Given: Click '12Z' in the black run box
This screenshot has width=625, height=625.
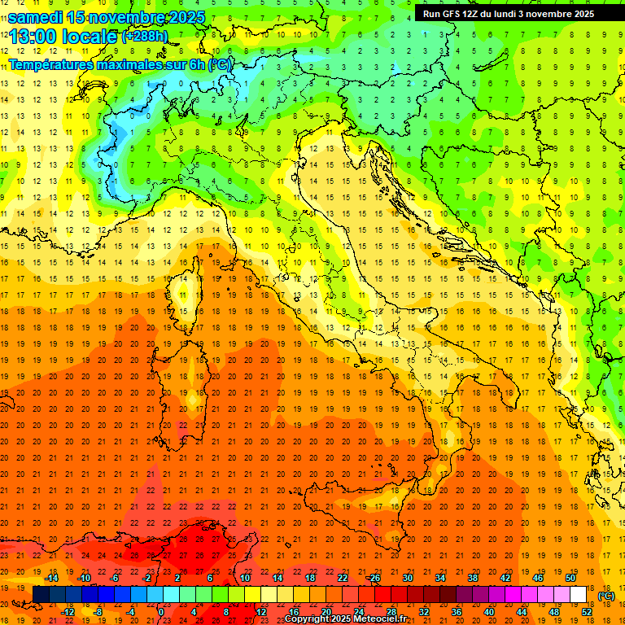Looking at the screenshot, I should click(x=478, y=14).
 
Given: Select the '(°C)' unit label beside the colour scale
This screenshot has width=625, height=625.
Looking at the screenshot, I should click(x=606, y=596).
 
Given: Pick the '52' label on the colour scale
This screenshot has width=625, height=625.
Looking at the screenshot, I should click(x=587, y=612).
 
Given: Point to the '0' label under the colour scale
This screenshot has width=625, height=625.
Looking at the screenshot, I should click(x=161, y=612).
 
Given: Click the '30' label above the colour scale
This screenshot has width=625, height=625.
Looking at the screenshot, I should click(x=407, y=578).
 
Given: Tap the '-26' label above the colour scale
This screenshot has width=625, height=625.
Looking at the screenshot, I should click(x=374, y=578).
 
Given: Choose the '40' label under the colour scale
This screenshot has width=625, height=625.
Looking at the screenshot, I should click(x=488, y=612).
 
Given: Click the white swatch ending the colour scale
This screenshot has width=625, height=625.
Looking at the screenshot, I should click(x=579, y=595).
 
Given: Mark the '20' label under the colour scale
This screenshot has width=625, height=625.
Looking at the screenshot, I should click(x=326, y=612).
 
